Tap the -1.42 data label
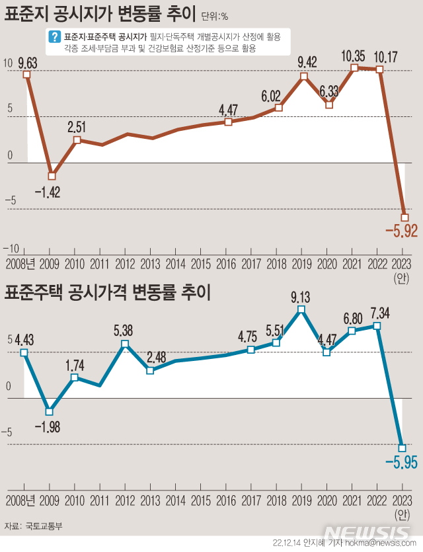pos(47,192)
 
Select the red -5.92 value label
pos(402,231)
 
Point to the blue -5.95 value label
pos(401,462)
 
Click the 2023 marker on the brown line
pos(404,217)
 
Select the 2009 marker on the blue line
pos(49,412)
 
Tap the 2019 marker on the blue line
pos(301,309)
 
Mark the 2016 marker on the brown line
pos(228,122)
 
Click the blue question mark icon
pos(56,38)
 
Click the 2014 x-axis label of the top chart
pos(175,264)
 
